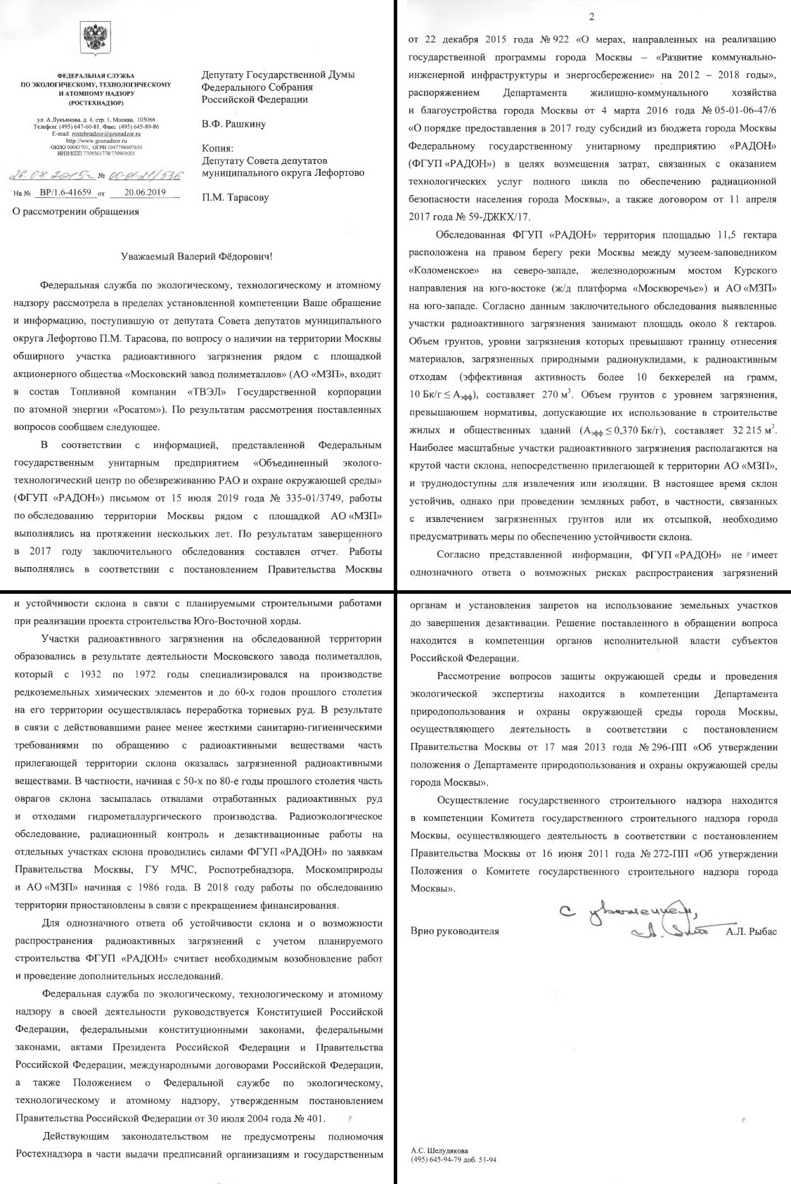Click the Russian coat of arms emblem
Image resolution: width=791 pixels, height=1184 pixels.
point(95,36)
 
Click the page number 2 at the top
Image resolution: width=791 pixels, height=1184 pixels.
point(591,15)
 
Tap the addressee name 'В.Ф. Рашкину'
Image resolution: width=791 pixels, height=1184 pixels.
point(233,125)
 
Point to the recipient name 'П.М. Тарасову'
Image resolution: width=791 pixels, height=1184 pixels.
point(235,198)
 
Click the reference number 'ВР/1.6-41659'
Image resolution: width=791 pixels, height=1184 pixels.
point(66,192)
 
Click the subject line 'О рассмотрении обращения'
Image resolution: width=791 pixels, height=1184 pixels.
point(76,211)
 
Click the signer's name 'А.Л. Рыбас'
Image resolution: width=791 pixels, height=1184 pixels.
point(752,931)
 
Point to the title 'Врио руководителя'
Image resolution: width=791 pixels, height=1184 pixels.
point(454,931)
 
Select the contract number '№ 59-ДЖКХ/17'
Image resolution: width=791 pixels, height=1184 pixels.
point(499,217)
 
